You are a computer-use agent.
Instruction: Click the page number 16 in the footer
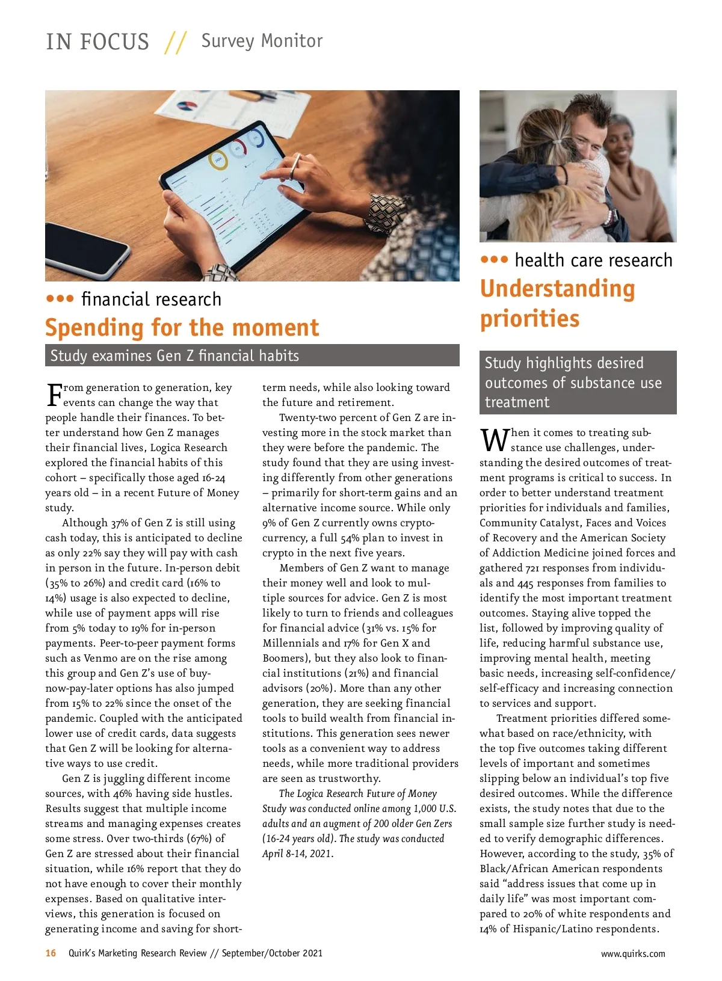(x=51, y=953)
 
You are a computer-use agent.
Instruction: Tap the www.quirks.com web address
(x=633, y=953)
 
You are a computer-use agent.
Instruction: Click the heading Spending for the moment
(x=182, y=328)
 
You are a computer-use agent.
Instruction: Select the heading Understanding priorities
(x=557, y=303)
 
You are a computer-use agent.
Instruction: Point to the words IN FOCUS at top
(x=97, y=42)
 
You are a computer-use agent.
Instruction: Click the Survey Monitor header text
(x=262, y=41)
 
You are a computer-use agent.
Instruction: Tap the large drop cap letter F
(x=54, y=395)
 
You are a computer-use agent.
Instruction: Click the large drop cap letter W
(x=494, y=440)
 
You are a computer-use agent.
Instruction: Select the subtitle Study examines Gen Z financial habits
(x=174, y=355)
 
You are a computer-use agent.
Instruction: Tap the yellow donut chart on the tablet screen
(x=217, y=160)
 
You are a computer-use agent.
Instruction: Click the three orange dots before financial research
(x=60, y=298)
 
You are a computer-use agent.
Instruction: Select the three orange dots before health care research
(x=494, y=260)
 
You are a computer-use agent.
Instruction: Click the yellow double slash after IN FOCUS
(x=175, y=42)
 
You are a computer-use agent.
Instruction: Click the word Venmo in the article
(x=100, y=658)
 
